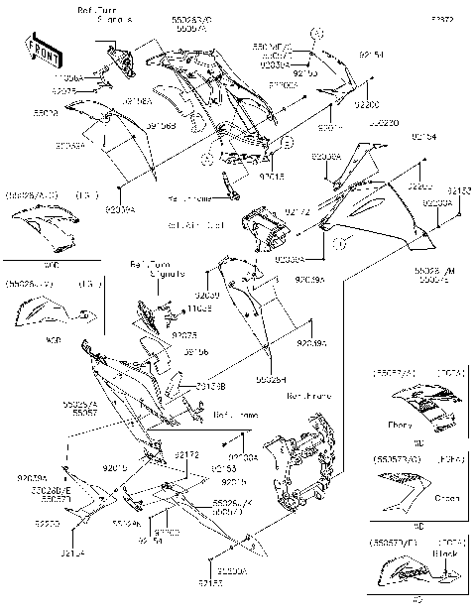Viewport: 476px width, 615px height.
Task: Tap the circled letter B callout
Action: click(286, 145)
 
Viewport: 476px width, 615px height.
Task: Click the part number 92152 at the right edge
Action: click(459, 190)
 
